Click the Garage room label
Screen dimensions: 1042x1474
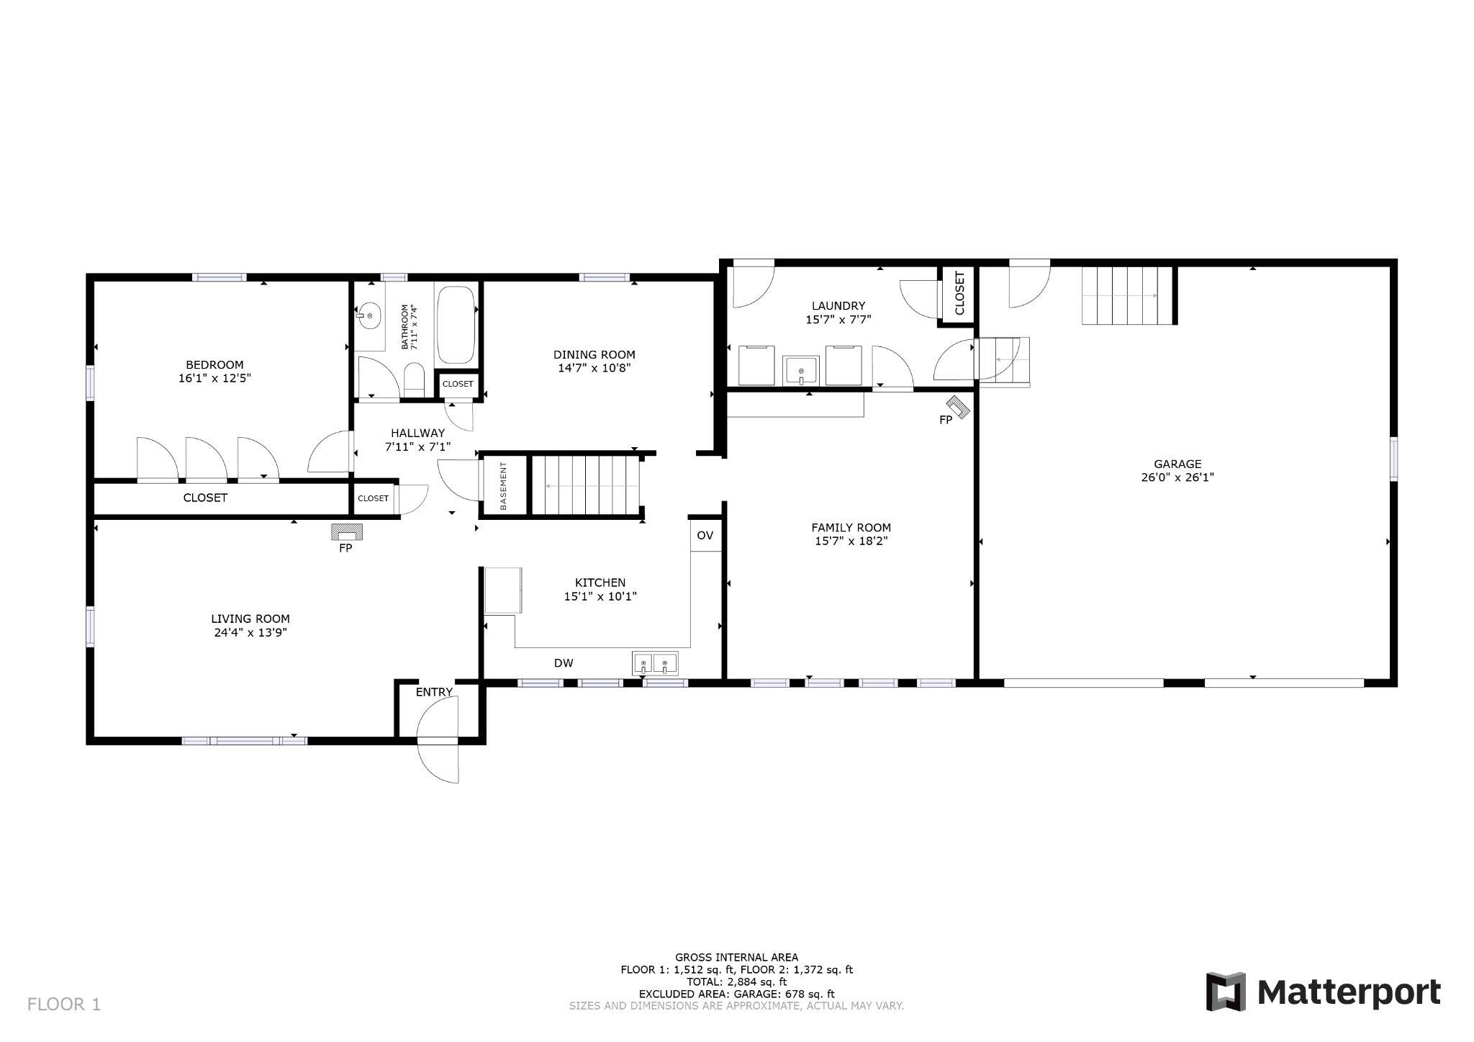(1177, 464)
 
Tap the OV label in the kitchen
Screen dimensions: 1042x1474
(705, 535)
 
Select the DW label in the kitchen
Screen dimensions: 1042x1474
(564, 663)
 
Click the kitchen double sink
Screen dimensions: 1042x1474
(655, 663)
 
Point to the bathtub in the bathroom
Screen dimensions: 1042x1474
(456, 325)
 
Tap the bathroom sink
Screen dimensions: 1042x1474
(369, 315)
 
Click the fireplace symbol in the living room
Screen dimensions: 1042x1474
(346, 532)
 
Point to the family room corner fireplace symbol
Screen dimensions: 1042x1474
(958, 407)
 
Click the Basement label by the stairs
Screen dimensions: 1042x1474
(503, 486)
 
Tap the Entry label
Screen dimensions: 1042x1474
(434, 692)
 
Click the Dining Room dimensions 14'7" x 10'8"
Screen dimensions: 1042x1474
(594, 368)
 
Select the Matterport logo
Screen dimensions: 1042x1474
(1323, 992)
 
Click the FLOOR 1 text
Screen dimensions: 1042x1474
(64, 1004)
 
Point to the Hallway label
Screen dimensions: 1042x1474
(417, 433)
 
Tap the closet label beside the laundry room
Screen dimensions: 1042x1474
(959, 293)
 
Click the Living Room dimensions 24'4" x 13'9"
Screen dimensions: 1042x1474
(250, 632)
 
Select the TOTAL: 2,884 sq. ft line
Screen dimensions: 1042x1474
(736, 982)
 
